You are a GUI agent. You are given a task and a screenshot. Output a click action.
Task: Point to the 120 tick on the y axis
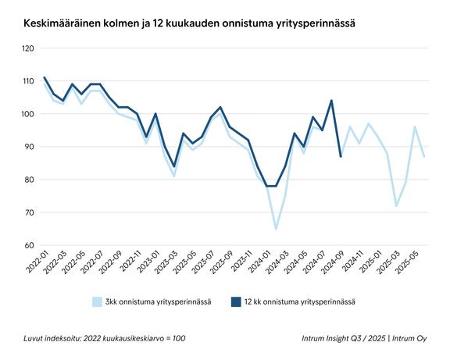[28, 48]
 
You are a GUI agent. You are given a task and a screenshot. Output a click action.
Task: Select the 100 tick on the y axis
[28, 114]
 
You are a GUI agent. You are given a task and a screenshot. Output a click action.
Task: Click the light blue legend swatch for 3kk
[98, 301]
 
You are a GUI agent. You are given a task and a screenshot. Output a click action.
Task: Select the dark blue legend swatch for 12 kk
[236, 301]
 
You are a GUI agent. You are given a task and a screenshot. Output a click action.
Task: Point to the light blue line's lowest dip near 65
[276, 229]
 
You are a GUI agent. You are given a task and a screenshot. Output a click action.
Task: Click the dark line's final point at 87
[341, 157]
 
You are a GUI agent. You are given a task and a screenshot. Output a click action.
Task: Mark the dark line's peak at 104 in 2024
[331, 101]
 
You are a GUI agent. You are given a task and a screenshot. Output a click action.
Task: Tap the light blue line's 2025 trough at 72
[397, 206]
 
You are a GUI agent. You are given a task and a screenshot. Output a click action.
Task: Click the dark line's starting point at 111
[45, 77]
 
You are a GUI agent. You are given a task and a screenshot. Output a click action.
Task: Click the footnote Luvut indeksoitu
[105, 339]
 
